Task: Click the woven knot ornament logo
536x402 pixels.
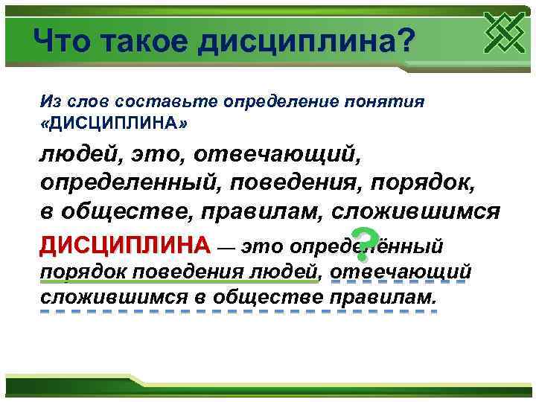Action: (x=505, y=32)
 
